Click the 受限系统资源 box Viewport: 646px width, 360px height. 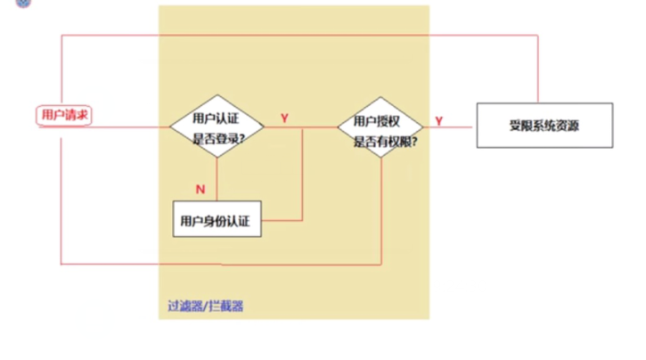[543, 126]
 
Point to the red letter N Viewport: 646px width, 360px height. [200, 188]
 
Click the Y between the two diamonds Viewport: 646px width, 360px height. [284, 119]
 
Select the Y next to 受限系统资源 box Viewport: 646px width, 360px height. [439, 119]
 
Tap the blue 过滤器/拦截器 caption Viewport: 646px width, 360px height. [205, 306]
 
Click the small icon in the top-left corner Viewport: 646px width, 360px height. [5, 4]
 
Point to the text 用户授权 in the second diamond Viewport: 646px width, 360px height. [376, 121]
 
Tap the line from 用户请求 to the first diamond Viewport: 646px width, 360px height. [134, 127]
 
